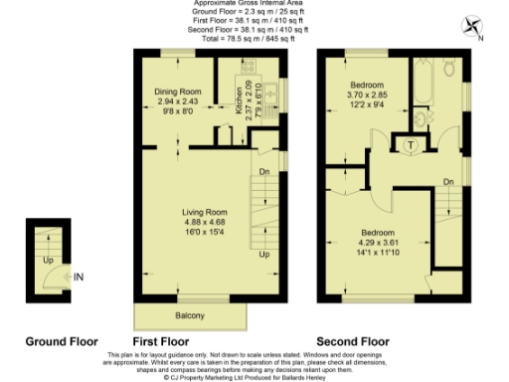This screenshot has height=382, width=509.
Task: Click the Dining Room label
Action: tap(176, 91)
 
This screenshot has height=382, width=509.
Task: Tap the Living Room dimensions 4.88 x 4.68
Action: tap(205, 223)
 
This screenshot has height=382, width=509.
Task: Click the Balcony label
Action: tap(190, 316)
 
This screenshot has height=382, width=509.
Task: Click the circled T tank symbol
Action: tap(411, 145)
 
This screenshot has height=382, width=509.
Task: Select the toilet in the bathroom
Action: tap(448, 69)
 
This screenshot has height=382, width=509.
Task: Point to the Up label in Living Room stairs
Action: tap(264, 255)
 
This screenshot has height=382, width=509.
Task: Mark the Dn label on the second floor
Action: tap(449, 180)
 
